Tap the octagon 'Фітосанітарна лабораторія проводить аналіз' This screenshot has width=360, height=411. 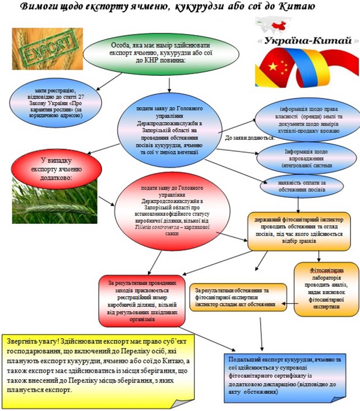[x=325, y=289]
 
